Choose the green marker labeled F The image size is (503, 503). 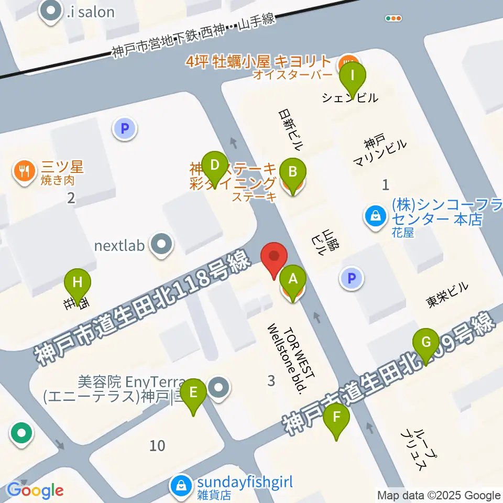[x=336, y=418]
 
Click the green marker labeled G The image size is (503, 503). [x=426, y=343]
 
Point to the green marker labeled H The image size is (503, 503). [x=78, y=283]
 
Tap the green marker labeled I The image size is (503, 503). [x=353, y=76]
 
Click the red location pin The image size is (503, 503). [x=275, y=258]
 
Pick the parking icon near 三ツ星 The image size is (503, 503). [x=125, y=127]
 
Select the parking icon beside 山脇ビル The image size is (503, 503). [x=352, y=278]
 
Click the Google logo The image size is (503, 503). [x=35, y=490]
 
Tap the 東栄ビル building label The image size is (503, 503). [x=447, y=294]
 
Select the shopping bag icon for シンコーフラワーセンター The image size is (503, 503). [x=376, y=215]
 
